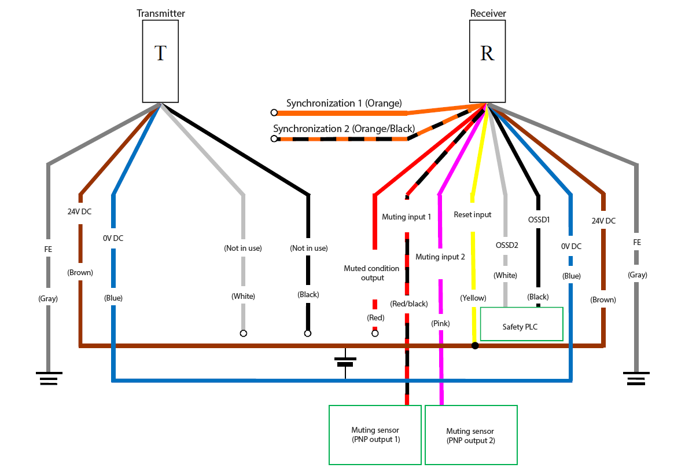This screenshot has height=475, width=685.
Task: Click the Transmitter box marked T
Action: coord(160,61)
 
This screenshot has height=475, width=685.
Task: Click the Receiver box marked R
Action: coord(488,61)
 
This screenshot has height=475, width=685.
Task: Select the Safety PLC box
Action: coord(522,324)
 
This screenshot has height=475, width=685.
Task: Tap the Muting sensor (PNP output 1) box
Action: coord(375,435)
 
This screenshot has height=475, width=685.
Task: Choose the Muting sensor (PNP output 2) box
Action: coord(472,435)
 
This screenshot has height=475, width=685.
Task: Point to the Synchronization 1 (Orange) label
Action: coord(344,103)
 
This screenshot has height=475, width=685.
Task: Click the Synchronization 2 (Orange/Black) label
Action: coord(344,129)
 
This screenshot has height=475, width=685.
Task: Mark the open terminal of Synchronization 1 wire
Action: coord(274,113)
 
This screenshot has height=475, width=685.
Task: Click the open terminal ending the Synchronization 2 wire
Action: coord(274,138)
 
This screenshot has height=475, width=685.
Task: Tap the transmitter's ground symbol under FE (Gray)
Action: coord(49,378)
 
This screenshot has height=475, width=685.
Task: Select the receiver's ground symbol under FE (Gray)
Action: coord(636,378)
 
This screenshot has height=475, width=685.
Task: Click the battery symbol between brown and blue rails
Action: coord(345,361)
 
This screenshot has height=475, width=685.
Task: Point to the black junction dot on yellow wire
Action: coord(476,346)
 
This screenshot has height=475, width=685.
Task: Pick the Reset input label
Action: coord(472,215)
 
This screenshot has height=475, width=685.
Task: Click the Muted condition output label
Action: coord(371,273)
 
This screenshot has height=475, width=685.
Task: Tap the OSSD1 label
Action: coord(539,220)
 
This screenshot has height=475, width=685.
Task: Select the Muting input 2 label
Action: coord(440,257)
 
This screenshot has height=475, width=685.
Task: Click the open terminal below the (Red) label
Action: coord(375,333)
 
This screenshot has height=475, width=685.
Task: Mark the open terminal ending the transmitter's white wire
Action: coord(244,333)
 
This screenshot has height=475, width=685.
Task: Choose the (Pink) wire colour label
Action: coord(440,324)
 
